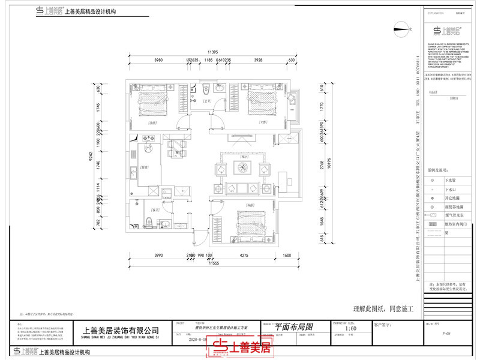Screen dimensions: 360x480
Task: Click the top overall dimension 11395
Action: pos(212,52)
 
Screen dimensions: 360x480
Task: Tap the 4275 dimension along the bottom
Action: pos(244,256)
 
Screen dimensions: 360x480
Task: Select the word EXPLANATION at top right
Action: pos(436,13)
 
